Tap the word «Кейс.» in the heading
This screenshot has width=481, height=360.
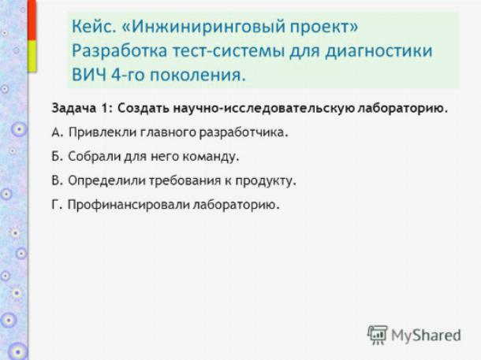coord(94,26)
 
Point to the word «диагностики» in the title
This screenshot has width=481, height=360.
coord(378,51)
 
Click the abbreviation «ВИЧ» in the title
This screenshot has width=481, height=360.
coord(89,75)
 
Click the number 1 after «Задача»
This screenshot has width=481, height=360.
coord(104,108)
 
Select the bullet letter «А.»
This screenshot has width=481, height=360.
coord(58,132)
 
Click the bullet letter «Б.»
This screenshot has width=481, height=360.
coord(57,156)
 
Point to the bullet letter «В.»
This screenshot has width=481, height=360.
coord(57,180)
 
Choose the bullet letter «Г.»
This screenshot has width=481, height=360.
coord(57,204)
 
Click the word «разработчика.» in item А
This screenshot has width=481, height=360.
coord(244,133)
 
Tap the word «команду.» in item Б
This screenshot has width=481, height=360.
coord(211,157)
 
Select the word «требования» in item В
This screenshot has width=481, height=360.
coord(185,180)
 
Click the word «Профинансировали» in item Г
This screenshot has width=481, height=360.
coord(129,205)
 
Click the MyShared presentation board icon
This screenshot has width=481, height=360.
coord(378,335)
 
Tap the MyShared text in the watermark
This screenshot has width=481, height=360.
coord(426,335)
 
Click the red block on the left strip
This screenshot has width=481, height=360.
coord(32,20)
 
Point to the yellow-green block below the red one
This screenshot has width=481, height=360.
coord(32,57)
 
